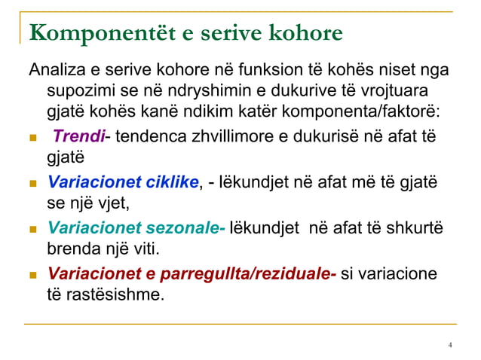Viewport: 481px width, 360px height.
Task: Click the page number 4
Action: click(x=450, y=346)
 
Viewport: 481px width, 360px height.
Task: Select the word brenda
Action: click(x=69, y=249)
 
